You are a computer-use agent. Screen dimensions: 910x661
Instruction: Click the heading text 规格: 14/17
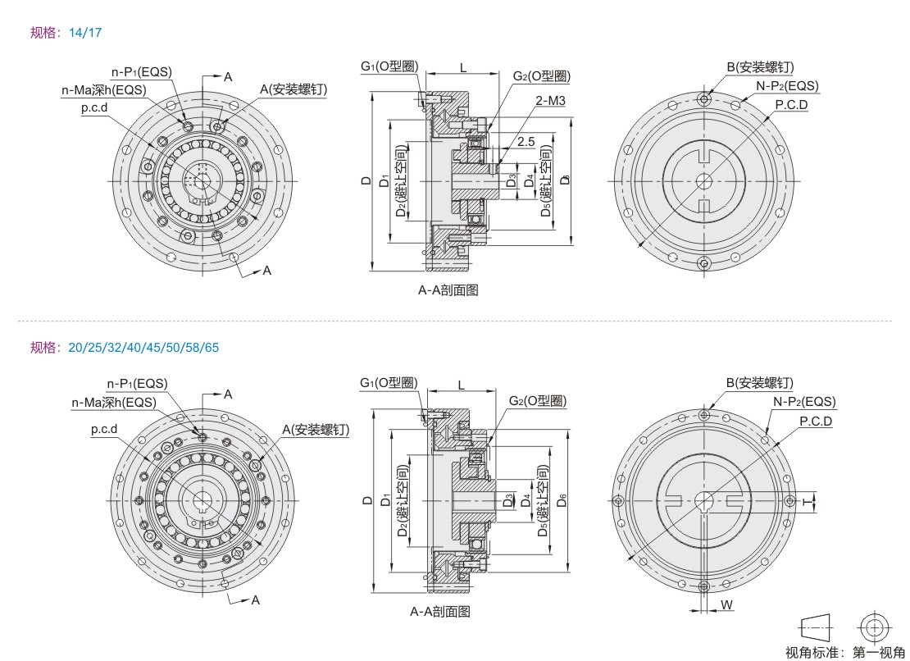(66, 33)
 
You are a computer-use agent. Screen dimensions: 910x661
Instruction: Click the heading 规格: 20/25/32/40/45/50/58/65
(125, 348)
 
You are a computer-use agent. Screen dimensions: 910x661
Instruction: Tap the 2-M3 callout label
(549, 100)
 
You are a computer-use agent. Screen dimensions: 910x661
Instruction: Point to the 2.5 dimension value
(526, 142)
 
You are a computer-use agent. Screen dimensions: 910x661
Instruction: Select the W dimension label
(727, 604)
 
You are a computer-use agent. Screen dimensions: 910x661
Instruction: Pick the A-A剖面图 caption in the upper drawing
(448, 290)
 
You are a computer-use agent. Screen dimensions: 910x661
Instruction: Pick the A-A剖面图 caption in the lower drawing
(440, 611)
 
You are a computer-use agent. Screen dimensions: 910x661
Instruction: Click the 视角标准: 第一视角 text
(844, 652)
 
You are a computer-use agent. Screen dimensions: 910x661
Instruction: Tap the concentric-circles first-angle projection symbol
(873, 627)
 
